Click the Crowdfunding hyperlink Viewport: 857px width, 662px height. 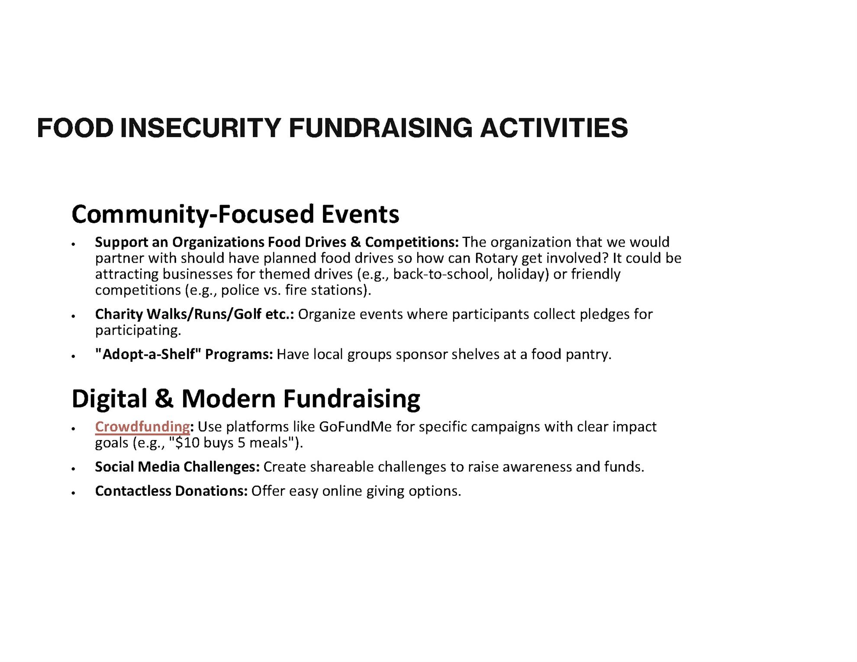pos(142,427)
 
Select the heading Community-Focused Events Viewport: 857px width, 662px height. pos(235,215)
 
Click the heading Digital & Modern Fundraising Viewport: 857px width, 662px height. pos(246,399)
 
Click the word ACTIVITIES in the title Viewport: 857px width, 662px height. pos(554,128)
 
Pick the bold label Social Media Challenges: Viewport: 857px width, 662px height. pos(177,467)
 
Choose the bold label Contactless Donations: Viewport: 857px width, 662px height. pos(171,491)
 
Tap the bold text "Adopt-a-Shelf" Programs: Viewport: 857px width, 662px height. pos(184,354)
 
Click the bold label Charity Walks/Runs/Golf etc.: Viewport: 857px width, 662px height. pos(195,314)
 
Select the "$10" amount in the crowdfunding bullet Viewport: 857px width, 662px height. pos(186,443)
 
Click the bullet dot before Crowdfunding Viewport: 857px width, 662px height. pos(74,429)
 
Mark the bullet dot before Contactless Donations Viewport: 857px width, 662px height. pos(74,493)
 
